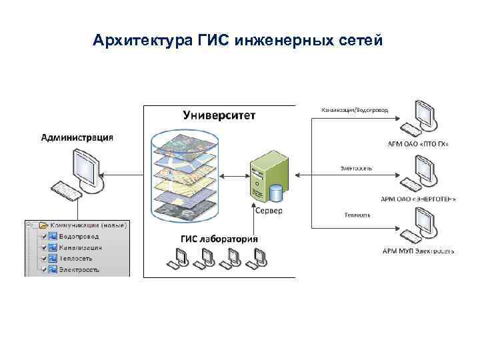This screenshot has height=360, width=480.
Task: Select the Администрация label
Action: coord(77,138)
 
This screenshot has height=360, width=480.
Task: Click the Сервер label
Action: coord(269,210)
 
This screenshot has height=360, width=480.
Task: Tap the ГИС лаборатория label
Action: coord(219,239)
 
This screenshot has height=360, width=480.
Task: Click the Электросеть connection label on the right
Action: coord(356,168)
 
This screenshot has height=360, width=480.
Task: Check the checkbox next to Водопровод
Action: coord(44,236)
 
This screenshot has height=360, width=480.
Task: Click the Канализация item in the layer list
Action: coord(79,247)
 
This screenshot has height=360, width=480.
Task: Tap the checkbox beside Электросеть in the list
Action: coord(44,269)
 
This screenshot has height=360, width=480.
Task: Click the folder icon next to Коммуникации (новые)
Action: coord(43,225)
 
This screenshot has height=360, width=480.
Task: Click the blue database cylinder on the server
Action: coord(276,193)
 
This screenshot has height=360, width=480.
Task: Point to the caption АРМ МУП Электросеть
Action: coord(418,251)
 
